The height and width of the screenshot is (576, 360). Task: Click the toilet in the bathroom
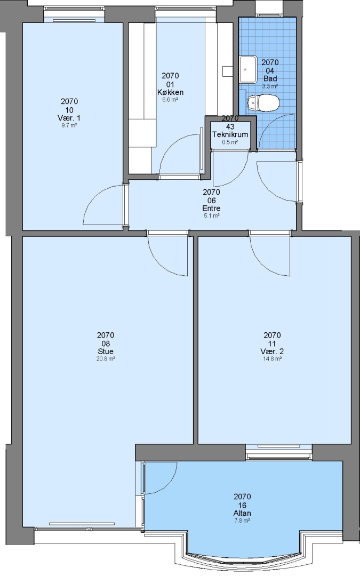tap(263, 103)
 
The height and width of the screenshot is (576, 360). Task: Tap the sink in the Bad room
tap(249, 69)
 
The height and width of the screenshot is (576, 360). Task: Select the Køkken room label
tap(170, 92)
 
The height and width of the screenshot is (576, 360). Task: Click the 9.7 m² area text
tap(69, 125)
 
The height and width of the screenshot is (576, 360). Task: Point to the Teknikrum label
tap(230, 134)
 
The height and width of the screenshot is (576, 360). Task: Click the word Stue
tap(106, 351)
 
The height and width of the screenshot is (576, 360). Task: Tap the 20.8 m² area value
tap(106, 359)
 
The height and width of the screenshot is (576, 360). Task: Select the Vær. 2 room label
tap(272, 351)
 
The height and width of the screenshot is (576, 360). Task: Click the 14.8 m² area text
tap(272, 359)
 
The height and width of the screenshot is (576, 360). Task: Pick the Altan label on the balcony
tap(242, 513)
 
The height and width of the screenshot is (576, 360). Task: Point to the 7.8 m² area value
tap(242, 521)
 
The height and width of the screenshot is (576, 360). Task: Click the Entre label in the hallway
tap(211, 209)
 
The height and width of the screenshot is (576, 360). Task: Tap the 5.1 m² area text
tap(211, 215)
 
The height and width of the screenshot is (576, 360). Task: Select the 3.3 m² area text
tap(270, 86)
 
